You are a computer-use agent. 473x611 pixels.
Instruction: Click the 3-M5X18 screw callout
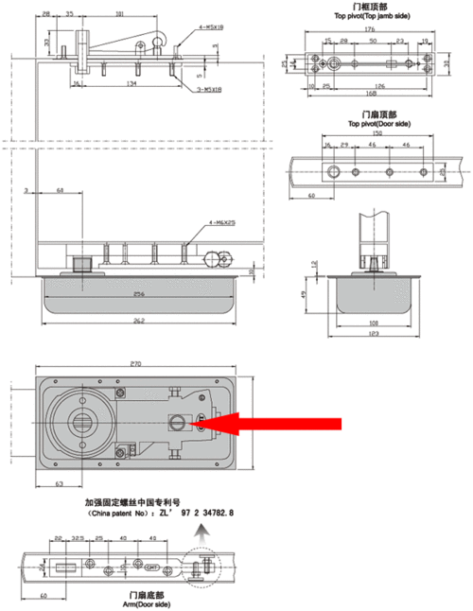point(211,89)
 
